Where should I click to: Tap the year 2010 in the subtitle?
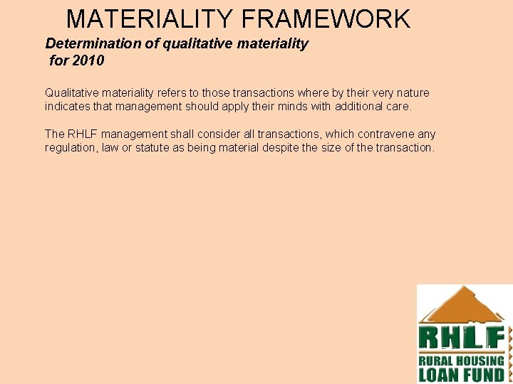click(88, 61)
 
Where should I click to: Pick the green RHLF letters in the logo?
click(462, 338)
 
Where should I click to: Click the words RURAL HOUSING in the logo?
click(461, 361)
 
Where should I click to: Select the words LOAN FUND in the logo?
click(461, 375)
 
